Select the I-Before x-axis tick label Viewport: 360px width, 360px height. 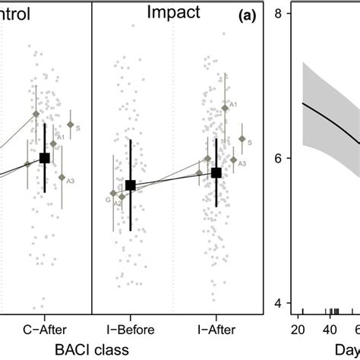pyautogui.click(x=130, y=330)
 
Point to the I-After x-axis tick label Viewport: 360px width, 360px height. pyautogui.click(x=216, y=330)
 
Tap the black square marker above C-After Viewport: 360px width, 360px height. pyautogui.click(x=45, y=158)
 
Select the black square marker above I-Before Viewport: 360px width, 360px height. pyautogui.click(x=130, y=185)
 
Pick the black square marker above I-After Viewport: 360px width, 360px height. pyautogui.click(x=216, y=173)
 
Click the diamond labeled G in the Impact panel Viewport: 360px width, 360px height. pyautogui.click(x=113, y=194)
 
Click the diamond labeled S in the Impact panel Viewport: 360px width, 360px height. pyautogui.click(x=242, y=139)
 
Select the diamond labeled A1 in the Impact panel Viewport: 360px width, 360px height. pyautogui.click(x=225, y=109)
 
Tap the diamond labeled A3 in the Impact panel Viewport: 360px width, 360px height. pyautogui.click(x=234, y=160)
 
